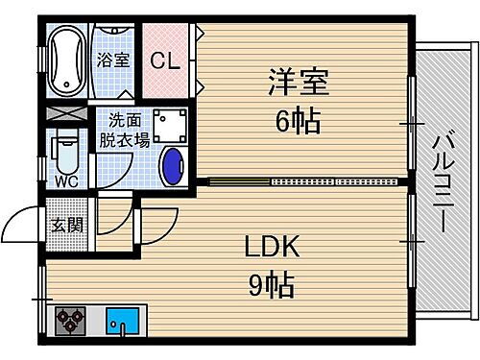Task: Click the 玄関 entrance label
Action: [x=63, y=226]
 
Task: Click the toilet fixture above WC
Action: [x=63, y=152]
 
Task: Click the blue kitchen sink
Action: [x=124, y=320]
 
